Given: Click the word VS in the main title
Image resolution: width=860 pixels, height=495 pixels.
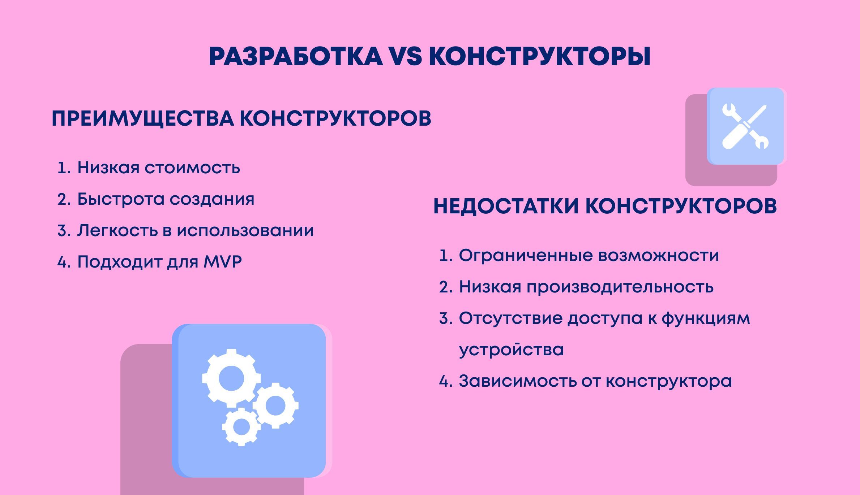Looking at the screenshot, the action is point(405,56).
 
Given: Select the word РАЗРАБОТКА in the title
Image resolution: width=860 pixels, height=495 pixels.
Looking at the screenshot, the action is point(296,56).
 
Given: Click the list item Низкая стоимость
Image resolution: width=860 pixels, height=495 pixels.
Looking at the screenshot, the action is point(159,168).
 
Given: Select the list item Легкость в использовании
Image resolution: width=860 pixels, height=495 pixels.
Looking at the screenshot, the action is point(196,230).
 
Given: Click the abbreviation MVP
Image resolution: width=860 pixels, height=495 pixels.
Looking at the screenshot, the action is point(223,262).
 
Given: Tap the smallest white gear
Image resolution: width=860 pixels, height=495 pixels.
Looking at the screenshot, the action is point(241,427).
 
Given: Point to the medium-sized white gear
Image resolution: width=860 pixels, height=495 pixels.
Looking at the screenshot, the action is point(275,405).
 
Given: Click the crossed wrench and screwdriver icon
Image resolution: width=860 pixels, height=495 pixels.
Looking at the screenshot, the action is point(745,126).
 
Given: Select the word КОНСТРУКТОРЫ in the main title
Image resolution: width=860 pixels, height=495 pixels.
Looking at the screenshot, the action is point(540,56).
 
